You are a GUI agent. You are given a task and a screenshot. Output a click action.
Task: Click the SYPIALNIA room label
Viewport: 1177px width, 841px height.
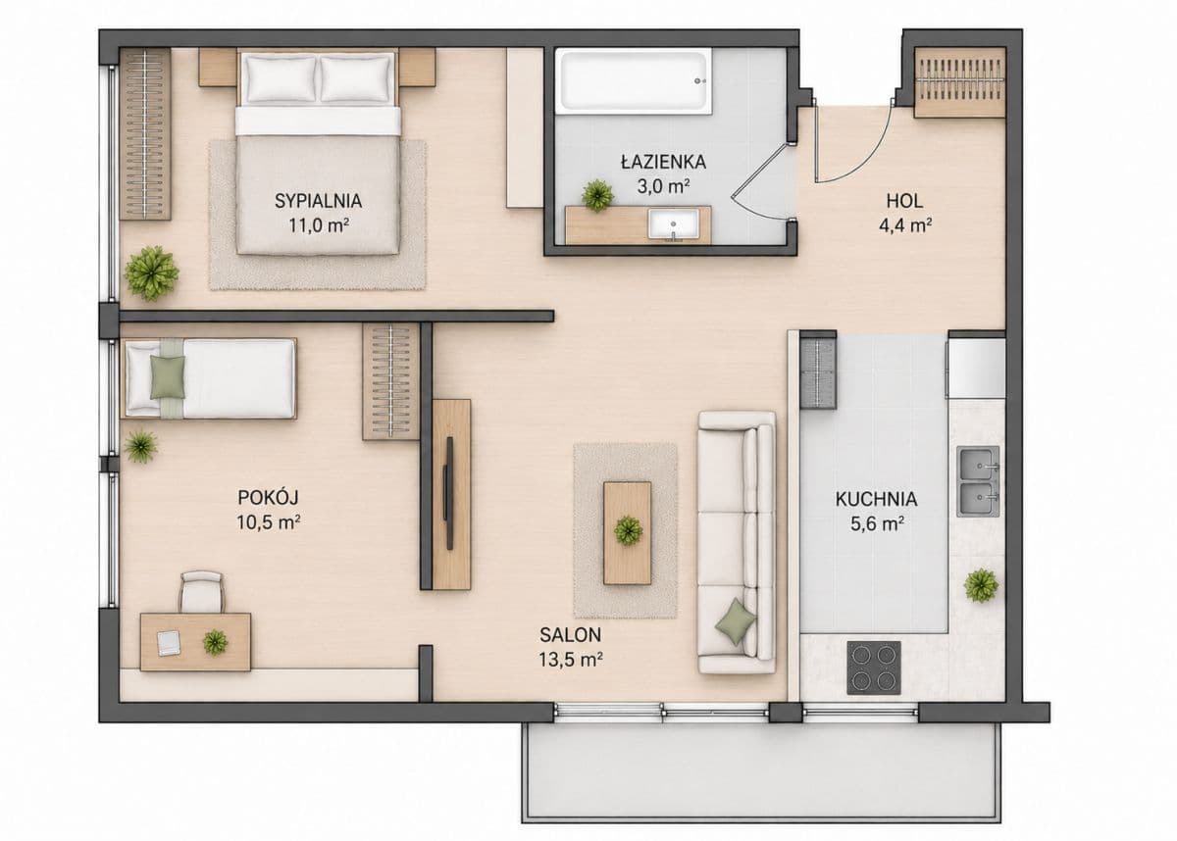[x=318, y=201]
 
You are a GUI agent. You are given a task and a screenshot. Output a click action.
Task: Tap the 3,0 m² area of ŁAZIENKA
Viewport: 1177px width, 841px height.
[x=663, y=186]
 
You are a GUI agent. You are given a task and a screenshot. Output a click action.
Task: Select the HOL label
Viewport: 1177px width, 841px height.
[x=904, y=201]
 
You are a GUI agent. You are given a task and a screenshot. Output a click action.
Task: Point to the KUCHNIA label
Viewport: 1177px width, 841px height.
[x=877, y=499]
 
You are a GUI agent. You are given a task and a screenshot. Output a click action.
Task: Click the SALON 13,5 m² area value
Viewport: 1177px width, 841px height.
[x=570, y=660]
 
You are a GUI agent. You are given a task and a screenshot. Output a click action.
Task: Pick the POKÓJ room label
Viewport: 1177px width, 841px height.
[x=268, y=497]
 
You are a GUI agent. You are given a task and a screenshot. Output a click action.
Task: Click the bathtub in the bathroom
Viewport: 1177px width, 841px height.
[x=634, y=80]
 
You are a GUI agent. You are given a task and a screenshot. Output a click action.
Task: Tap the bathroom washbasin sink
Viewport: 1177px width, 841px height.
[x=674, y=224]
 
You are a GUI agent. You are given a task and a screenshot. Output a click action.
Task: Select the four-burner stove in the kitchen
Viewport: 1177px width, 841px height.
[x=874, y=668]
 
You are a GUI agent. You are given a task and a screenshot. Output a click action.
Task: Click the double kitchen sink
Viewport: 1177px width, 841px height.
[x=978, y=481]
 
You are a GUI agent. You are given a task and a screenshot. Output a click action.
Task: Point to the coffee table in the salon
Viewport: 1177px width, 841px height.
[x=628, y=533]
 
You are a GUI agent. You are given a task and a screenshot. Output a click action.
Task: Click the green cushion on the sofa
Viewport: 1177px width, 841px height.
[x=736, y=621]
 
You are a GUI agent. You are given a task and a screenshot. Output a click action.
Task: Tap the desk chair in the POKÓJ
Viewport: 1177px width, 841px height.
[x=202, y=592]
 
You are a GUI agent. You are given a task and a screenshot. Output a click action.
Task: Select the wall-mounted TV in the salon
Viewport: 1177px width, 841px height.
[x=448, y=493]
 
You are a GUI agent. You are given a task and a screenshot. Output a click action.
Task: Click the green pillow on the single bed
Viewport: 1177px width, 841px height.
[x=168, y=377]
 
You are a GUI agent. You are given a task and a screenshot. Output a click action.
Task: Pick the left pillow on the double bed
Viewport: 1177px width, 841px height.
[x=281, y=78]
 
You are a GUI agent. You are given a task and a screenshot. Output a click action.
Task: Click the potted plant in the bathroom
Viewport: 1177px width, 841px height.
[x=597, y=195]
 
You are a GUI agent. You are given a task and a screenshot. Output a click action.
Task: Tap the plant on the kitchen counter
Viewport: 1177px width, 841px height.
[x=981, y=585]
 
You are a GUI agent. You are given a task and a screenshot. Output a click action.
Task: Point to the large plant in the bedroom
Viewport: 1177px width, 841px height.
[x=151, y=273]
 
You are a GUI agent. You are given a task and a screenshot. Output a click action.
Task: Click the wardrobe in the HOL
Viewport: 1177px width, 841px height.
[x=959, y=82]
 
